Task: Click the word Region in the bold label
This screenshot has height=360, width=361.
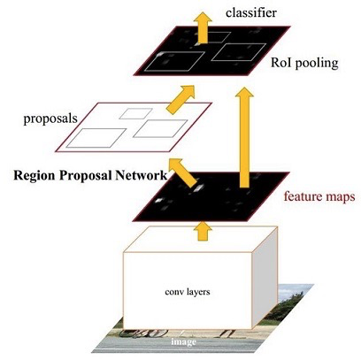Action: coord(38,174)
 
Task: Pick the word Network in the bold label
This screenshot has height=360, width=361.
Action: coord(141,174)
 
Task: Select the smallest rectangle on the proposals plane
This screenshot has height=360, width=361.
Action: coord(135,112)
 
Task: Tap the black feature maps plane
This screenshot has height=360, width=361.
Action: coord(212,196)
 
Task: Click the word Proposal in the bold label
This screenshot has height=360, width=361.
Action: coord(89,174)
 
